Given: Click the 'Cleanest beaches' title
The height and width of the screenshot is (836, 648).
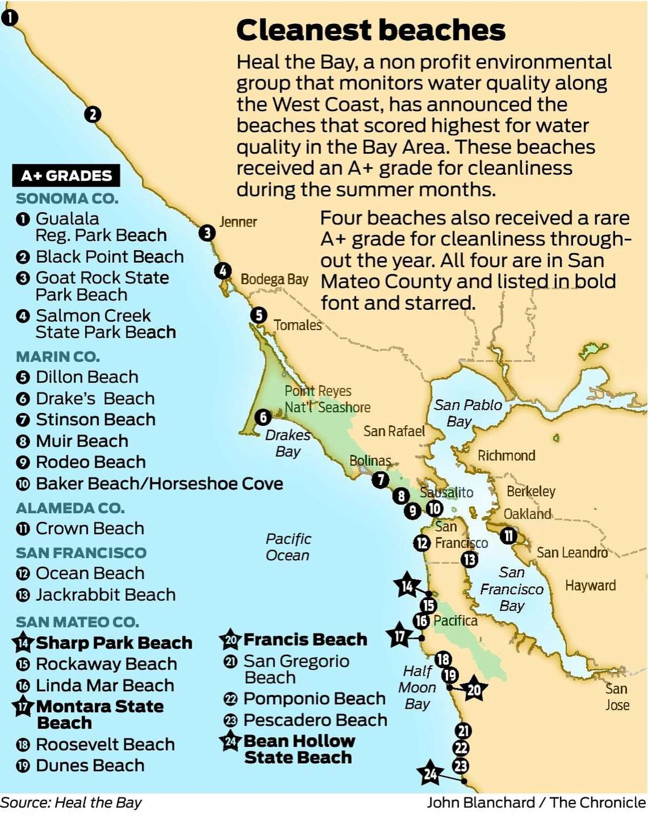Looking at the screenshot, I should pos(370,30).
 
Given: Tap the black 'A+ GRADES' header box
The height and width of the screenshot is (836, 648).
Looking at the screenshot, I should pos(66,176).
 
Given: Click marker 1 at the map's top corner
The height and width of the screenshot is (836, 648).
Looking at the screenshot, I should pos(9,18).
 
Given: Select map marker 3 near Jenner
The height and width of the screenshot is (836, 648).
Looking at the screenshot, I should pos(207,233).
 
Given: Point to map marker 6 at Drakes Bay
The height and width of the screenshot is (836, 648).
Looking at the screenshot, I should pos(263,417).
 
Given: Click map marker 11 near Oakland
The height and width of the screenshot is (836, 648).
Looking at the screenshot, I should pos(508,536).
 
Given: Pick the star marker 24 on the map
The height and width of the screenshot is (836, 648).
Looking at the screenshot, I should pos(430,774).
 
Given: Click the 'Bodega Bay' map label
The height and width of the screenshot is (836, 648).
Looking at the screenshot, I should pos(274,280).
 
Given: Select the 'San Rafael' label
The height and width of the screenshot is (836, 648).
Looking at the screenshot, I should pos(394,431).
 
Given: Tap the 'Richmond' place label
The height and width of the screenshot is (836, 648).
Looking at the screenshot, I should pos(506,456).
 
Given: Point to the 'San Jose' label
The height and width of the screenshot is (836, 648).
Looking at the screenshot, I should pos(617,697).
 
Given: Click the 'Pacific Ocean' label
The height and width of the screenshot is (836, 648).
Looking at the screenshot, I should pos(288,547).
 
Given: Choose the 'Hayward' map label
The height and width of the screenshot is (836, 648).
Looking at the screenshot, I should pos(590,586).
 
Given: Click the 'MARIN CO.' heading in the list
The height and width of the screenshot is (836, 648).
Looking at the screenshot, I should pos(58,357).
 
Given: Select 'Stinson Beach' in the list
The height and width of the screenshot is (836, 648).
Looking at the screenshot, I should pos(95,419).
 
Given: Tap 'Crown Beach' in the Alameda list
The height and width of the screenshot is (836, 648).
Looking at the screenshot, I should pos(90,528).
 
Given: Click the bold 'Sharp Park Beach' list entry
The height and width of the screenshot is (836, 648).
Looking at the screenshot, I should pos(113,643).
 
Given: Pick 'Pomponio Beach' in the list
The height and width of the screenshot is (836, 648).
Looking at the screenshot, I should pos(314,698).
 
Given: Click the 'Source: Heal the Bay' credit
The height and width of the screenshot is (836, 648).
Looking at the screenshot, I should pos(71,803).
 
